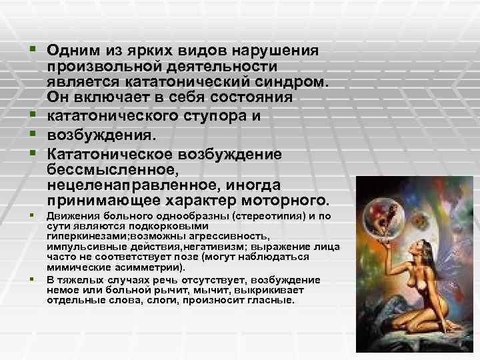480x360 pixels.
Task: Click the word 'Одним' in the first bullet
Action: [x=70, y=51]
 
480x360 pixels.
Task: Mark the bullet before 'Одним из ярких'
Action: [x=31, y=51]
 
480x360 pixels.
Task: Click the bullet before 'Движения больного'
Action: [x=31, y=217]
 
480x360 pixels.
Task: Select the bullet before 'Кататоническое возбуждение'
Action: [x=31, y=153]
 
